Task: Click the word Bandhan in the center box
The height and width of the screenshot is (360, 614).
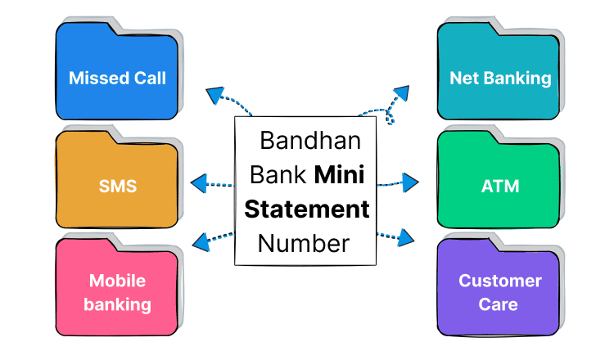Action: click(309, 140)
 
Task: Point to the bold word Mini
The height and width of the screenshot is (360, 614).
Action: click(341, 174)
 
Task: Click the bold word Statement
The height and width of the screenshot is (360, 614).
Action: click(306, 209)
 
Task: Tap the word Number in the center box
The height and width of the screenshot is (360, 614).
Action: click(303, 243)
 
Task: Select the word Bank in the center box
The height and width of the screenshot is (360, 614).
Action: click(279, 174)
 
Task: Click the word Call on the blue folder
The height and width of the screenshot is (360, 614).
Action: click(148, 78)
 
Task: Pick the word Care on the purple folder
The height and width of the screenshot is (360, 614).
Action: click(499, 304)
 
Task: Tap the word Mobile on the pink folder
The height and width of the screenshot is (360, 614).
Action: click(117, 281)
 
